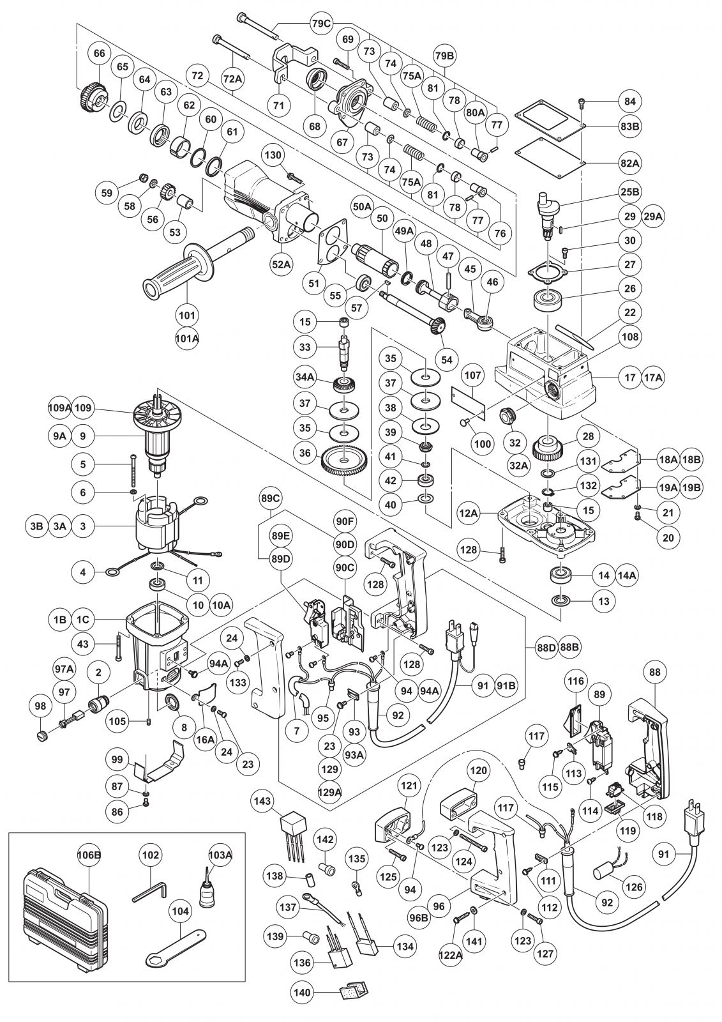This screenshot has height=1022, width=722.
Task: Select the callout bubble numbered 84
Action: (629, 101)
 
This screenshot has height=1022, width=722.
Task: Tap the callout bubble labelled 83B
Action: (629, 126)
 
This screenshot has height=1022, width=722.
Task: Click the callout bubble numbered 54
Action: (446, 360)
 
